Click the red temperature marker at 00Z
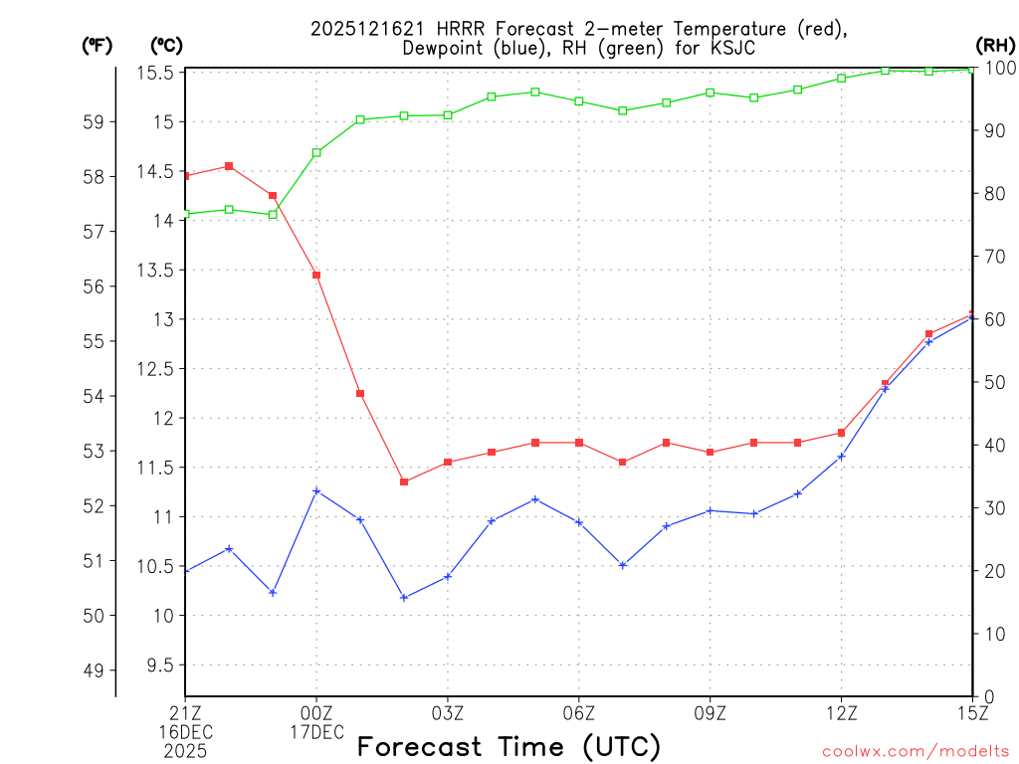tap(316, 275)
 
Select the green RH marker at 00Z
tap(316, 152)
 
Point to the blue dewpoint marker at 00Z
tap(316, 490)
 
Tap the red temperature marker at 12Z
tap(841, 433)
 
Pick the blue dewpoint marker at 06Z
tap(579, 522)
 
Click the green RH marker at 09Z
tap(710, 93)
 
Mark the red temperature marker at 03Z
tap(448, 463)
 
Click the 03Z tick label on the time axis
tap(448, 712)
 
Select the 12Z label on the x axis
tap(841, 712)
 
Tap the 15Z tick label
tap(971, 712)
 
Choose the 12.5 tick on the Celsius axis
tap(160, 369)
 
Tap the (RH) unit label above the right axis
tap(994, 45)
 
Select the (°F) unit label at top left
tap(97, 45)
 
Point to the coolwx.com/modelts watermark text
tap(916, 750)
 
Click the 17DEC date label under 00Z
tap(316, 732)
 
